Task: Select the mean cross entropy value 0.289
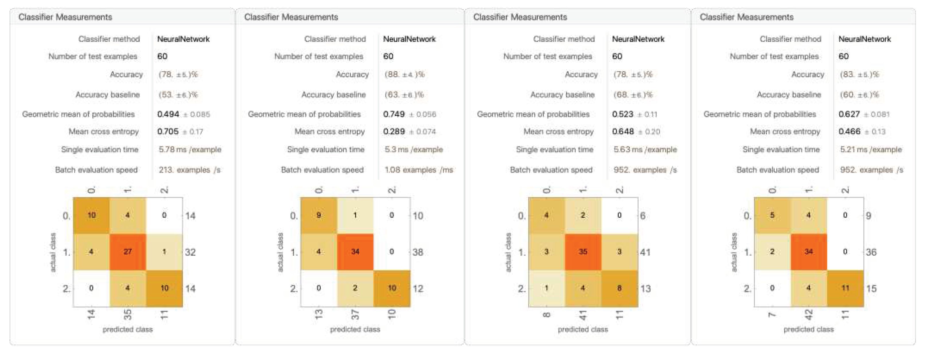click(394, 131)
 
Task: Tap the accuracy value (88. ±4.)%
click(404, 75)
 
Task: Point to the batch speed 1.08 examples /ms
click(418, 170)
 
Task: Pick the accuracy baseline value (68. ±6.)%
click(633, 95)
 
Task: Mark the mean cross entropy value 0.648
click(623, 131)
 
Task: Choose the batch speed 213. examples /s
click(189, 170)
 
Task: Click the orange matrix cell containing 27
click(128, 252)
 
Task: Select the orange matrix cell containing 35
click(583, 252)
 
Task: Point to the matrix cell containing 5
click(772, 215)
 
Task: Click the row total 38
click(418, 252)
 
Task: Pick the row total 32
click(190, 252)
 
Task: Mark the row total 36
click(871, 252)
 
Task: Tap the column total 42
click(808, 315)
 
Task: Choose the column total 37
click(355, 315)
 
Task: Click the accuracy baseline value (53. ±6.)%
click(178, 95)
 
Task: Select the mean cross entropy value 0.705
click(168, 131)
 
